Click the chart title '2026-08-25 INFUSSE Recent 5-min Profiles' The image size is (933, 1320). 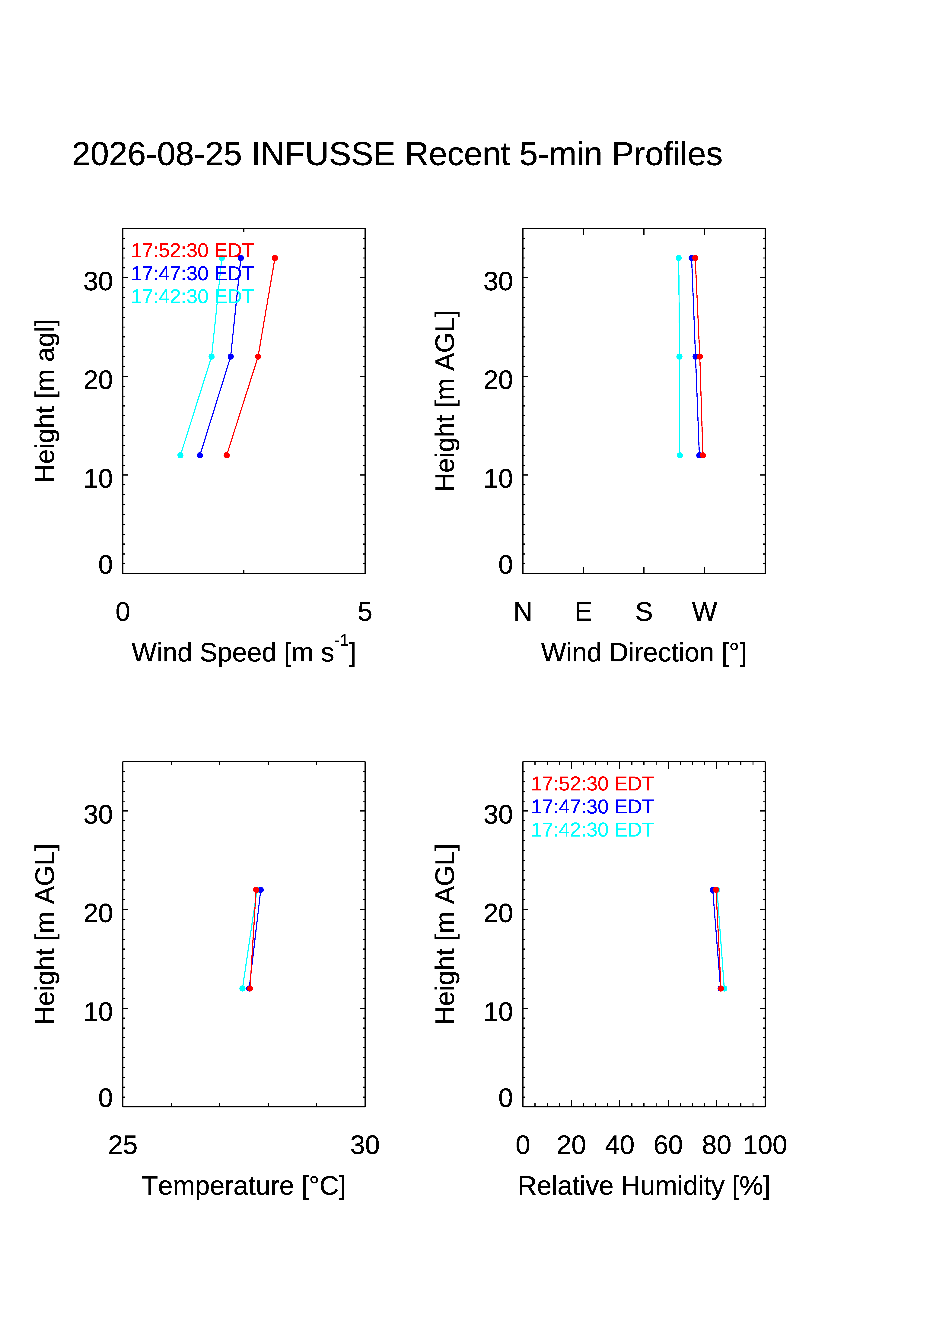point(397,154)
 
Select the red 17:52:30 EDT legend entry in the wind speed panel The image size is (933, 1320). point(192,251)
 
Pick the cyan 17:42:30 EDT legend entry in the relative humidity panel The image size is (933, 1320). point(592,830)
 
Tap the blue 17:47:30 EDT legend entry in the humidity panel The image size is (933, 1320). point(592,807)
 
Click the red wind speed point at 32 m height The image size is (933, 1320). point(275,258)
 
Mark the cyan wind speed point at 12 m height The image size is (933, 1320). point(181,455)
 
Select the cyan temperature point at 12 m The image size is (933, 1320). point(242,988)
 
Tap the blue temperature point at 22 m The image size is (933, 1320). point(261,890)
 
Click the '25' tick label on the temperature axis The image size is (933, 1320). point(123,1145)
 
